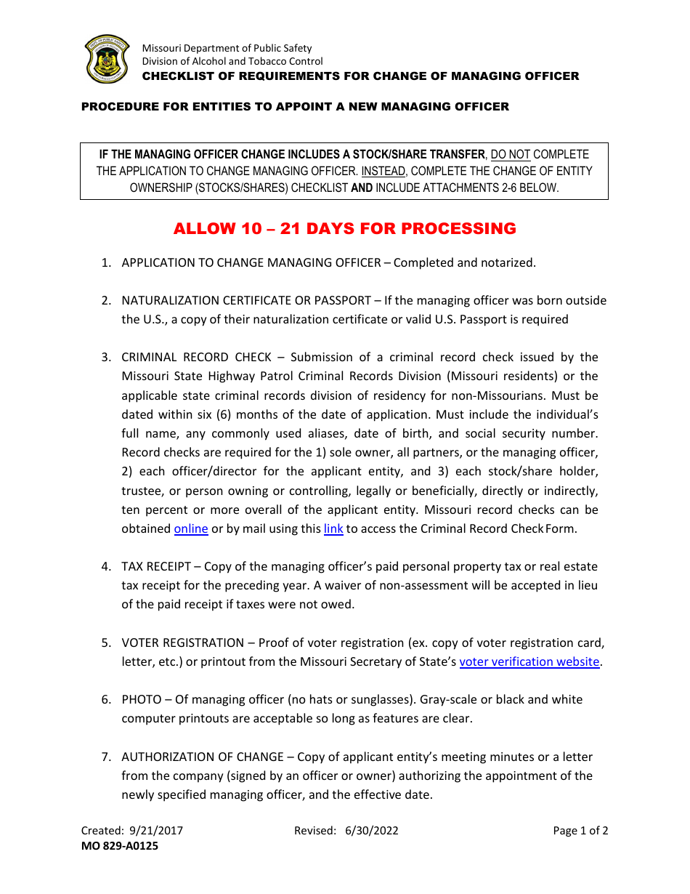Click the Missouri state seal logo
pyautogui.click(x=107, y=60)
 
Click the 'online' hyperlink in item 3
pyautogui.click(x=191, y=529)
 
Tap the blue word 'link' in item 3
pyautogui.click(x=333, y=529)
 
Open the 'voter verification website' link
pyautogui.click(x=529, y=662)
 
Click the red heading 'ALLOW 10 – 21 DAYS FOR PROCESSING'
pyautogui.click(x=344, y=229)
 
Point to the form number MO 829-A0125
pyautogui.click(x=119, y=846)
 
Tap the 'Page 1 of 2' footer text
pyautogui.click(x=580, y=831)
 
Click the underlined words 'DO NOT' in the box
pyautogui.click(x=511, y=154)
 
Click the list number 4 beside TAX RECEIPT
pyautogui.click(x=105, y=567)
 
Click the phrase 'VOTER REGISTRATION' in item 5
pyautogui.click(x=182, y=643)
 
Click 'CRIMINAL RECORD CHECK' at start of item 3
pyautogui.click(x=196, y=358)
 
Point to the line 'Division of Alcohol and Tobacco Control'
pyautogui.click(x=232, y=62)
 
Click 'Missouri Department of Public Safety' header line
pyautogui.click(x=227, y=49)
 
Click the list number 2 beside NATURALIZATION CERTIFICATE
pyautogui.click(x=105, y=301)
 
